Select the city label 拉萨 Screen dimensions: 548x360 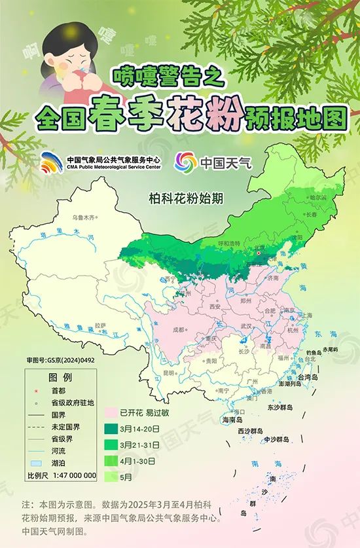(x=99, y=325)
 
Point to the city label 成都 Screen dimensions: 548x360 (x=179, y=330)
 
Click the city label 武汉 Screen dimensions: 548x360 (x=246, y=325)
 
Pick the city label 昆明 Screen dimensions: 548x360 (x=170, y=373)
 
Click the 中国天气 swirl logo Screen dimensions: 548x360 (x=185, y=161)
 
